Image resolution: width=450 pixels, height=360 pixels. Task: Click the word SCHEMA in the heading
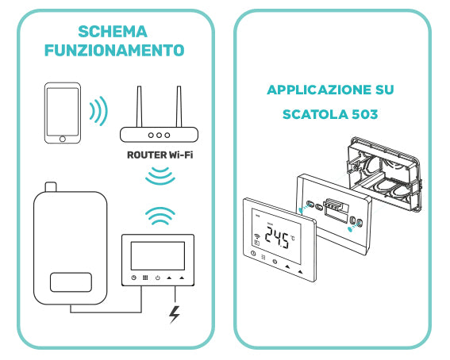113,32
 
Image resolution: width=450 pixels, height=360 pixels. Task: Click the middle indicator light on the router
156,136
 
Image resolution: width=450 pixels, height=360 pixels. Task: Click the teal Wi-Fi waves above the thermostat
160,217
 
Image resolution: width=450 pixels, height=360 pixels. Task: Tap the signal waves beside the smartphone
98,112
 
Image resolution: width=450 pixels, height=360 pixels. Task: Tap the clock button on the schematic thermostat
134,278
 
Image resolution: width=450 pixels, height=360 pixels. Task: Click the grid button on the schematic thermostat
146,278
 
